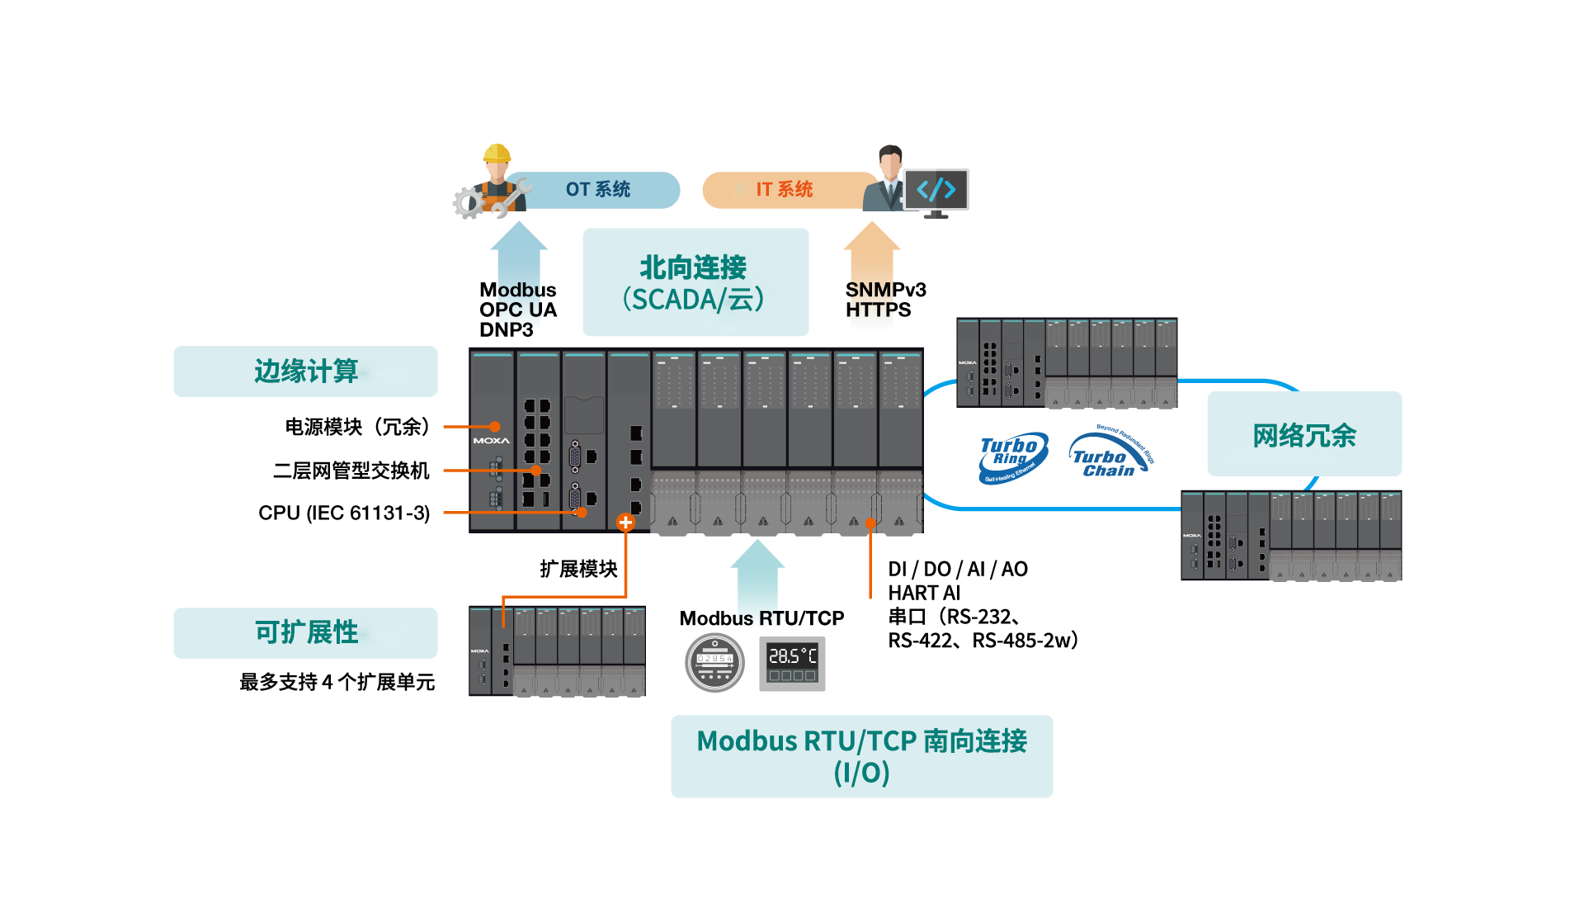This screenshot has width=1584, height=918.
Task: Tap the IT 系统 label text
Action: pyautogui.click(x=785, y=190)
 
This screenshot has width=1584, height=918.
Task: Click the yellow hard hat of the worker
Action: pyautogui.click(x=497, y=153)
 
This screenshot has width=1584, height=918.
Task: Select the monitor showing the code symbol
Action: pyautogui.click(x=936, y=193)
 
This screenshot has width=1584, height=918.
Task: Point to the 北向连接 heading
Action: pyautogui.click(x=693, y=267)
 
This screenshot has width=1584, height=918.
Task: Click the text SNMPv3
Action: pyautogui.click(x=885, y=290)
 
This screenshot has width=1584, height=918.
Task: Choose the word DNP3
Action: pyautogui.click(x=507, y=330)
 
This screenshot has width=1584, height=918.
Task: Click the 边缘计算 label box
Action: pyautogui.click(x=305, y=371)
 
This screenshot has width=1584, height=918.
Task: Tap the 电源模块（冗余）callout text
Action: pyautogui.click(x=357, y=427)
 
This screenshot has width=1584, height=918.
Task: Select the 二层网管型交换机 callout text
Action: pyautogui.click(x=351, y=471)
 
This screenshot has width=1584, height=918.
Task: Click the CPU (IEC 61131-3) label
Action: pyautogui.click(x=344, y=513)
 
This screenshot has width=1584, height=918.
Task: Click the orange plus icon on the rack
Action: pyautogui.click(x=625, y=522)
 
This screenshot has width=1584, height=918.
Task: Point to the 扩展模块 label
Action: pyautogui.click(x=578, y=569)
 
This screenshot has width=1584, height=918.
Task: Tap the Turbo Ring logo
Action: pyautogui.click(x=1013, y=458)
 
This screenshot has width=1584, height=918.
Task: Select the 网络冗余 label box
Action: pyautogui.click(x=1304, y=434)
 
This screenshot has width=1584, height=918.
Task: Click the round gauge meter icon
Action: pyautogui.click(x=714, y=662)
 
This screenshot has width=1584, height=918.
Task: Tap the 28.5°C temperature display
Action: pyautogui.click(x=792, y=663)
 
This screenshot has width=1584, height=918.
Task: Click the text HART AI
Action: pyautogui.click(x=924, y=593)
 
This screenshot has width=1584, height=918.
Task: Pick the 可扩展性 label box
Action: pyautogui.click(x=305, y=633)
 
